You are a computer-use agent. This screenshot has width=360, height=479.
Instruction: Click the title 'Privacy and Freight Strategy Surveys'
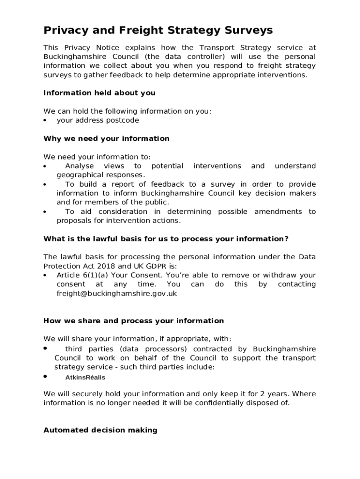(158, 31)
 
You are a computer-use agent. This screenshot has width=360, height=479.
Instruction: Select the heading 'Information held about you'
(99, 93)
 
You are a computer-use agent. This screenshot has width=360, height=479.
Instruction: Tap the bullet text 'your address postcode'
(98, 120)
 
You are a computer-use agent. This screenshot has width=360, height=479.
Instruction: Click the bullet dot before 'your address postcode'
(45, 120)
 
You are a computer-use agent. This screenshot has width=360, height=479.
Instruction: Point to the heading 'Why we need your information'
(106, 138)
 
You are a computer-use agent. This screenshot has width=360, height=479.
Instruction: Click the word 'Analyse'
(79, 166)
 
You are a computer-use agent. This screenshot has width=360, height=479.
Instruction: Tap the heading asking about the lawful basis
(166, 239)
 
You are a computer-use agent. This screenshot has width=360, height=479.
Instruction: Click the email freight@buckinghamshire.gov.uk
(110, 293)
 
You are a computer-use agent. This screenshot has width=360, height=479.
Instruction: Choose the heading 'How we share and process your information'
(133, 321)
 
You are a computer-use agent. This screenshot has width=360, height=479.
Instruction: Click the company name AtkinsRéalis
(85, 377)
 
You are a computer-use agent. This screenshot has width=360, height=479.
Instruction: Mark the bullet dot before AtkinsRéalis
(45, 376)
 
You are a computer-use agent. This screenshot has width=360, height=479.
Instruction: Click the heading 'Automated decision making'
(100, 430)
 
